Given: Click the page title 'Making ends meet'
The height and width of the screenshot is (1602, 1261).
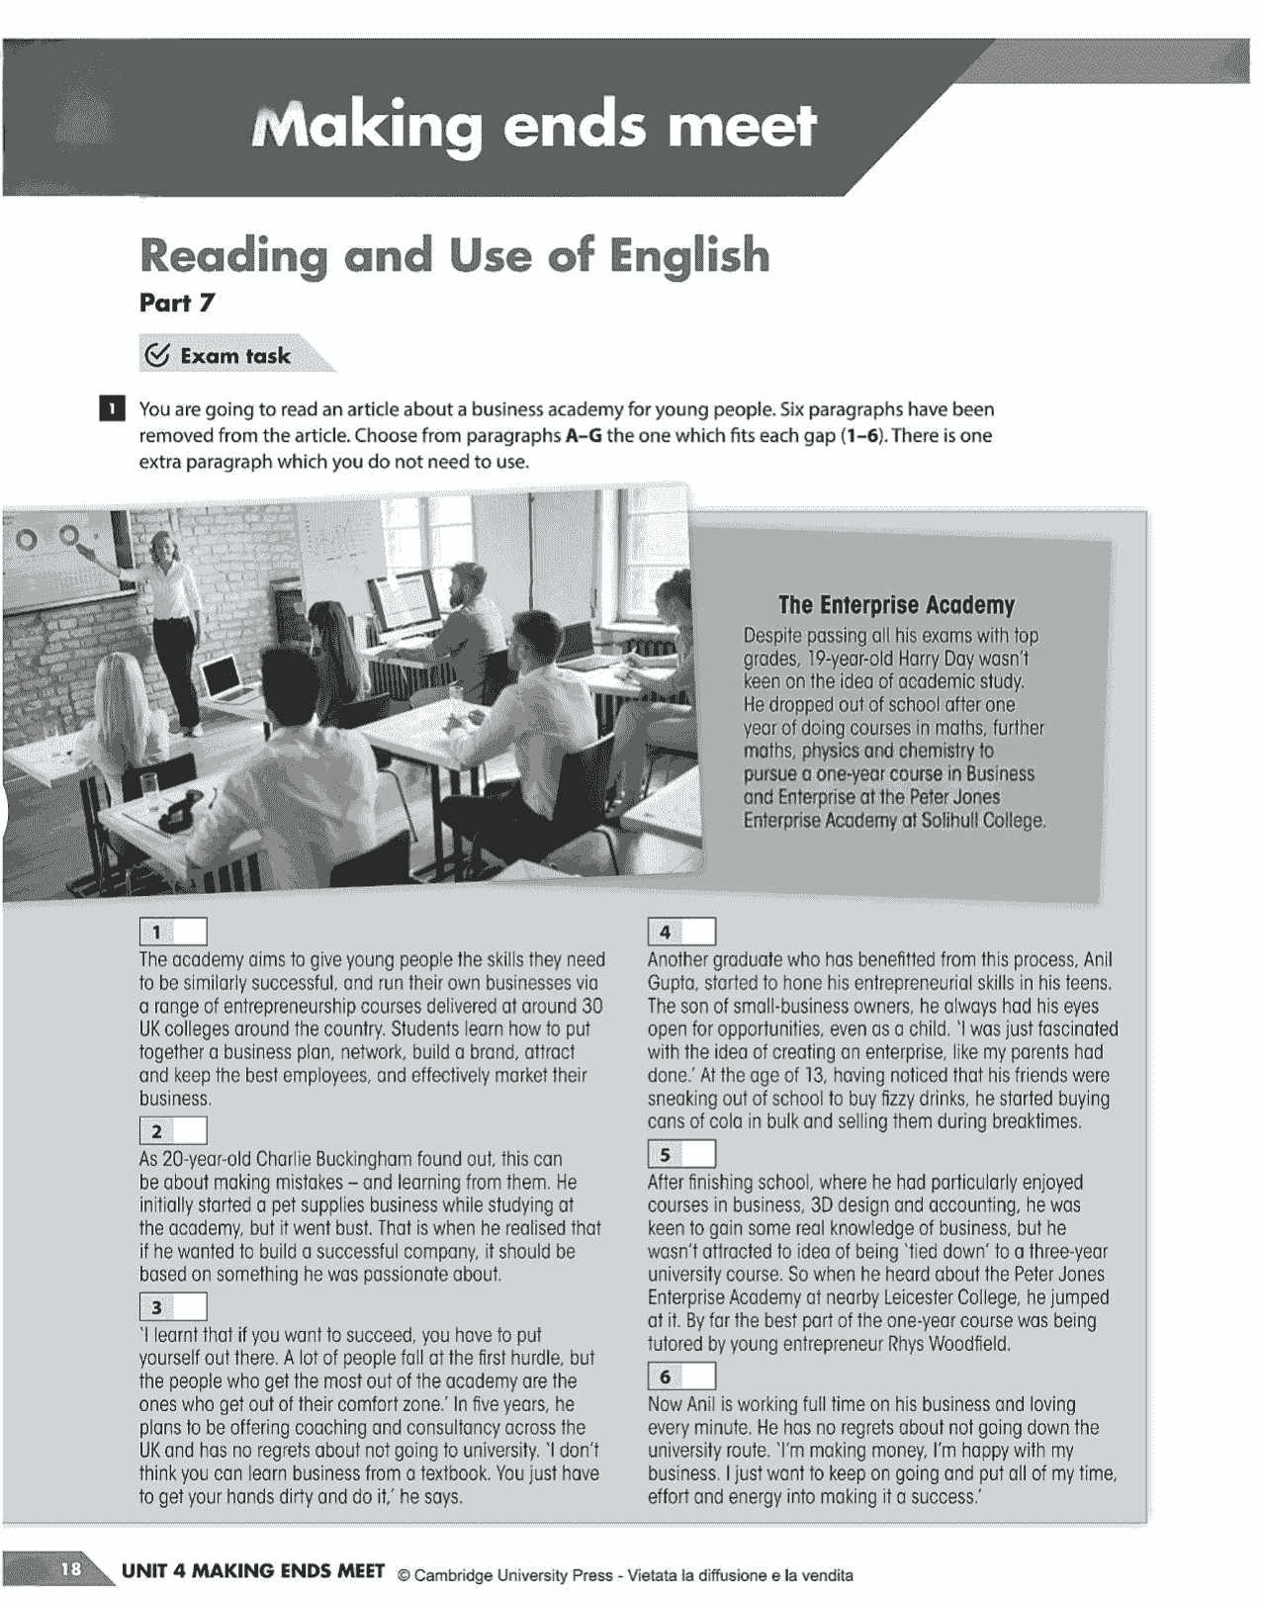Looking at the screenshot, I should (535, 127).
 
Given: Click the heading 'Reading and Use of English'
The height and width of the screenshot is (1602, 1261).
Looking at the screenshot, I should (454, 255).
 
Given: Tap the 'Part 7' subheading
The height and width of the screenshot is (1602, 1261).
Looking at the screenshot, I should (177, 304).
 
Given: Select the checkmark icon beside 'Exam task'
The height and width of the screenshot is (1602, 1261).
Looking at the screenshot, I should (156, 356).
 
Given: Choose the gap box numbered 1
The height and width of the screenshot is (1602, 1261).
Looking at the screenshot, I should (174, 932).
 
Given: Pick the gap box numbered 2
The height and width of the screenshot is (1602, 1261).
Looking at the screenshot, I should (174, 1131).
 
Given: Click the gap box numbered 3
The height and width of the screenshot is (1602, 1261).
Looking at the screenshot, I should (174, 1307).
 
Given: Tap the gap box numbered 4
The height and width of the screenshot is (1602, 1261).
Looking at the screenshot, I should (681, 932).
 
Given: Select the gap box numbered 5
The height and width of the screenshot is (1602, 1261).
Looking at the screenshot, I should (681, 1155).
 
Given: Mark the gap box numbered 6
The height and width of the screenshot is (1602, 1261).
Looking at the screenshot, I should (681, 1377).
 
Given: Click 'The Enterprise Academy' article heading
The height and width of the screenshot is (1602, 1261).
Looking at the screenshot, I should (896, 605).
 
